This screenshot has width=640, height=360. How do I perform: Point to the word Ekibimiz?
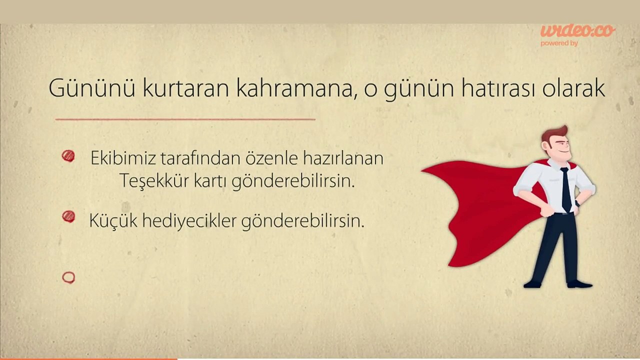click(123, 158)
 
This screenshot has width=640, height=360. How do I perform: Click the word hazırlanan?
click(343, 158)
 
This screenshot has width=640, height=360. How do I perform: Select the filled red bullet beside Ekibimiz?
click(68, 156)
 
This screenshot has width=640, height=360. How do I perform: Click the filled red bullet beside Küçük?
click(68, 216)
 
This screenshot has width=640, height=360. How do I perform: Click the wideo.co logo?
click(577, 31)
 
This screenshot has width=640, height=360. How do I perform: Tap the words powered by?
click(559, 43)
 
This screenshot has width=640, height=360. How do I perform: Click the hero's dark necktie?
click(566, 189)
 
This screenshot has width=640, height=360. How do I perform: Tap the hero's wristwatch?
click(577, 203)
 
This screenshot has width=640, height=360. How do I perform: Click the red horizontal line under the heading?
click(185, 119)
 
